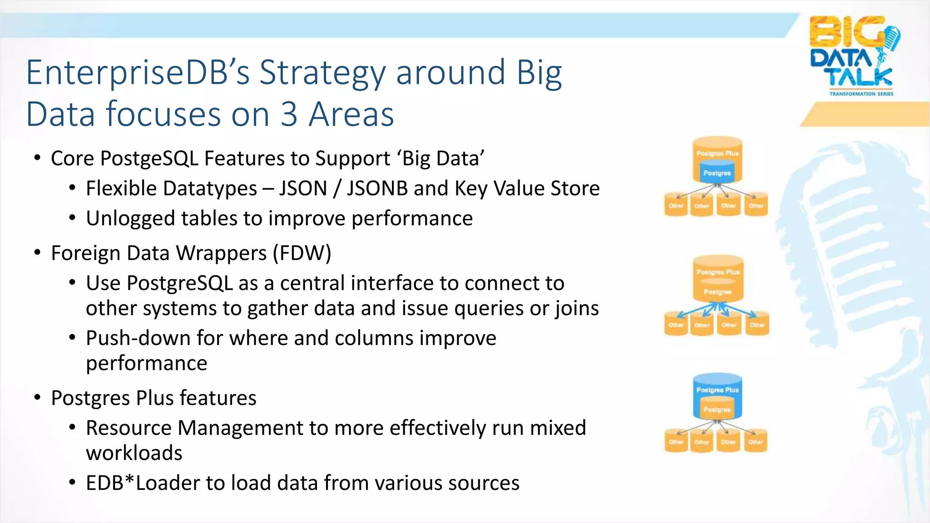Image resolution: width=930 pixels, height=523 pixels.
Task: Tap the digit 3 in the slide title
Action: [289, 114]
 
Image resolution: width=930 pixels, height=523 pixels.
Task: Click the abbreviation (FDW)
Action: [302, 253]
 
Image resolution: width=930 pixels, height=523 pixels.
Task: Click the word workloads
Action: [134, 453]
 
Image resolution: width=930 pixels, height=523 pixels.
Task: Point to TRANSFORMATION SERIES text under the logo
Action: [861, 94]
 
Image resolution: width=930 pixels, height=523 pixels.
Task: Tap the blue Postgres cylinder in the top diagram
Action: [717, 173]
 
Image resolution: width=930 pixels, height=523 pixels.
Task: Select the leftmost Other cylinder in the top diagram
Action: [676, 205]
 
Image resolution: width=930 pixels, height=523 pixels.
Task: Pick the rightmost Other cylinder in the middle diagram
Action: [757, 325]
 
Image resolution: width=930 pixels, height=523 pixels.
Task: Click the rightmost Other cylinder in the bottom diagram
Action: [756, 441]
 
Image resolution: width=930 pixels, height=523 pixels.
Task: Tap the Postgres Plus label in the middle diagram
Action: [718, 272]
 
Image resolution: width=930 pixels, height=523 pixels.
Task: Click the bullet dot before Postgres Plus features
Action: [38, 398]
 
